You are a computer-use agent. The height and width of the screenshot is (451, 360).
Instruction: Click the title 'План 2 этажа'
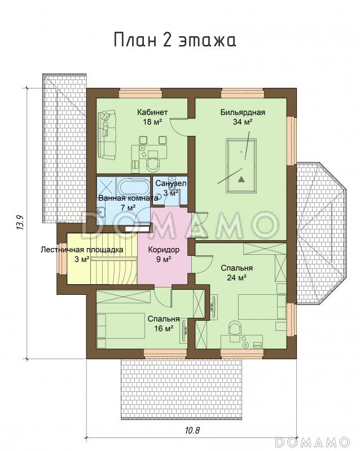tap(175, 40)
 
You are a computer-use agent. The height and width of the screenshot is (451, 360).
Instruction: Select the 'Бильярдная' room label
tap(243, 112)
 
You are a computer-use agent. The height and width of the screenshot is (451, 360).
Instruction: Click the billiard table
tap(242, 166)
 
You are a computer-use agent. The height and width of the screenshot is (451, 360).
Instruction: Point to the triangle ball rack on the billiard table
tap(241, 179)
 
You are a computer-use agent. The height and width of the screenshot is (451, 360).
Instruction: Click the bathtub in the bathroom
tap(133, 187)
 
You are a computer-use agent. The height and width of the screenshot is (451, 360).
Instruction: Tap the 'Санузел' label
tap(171, 183)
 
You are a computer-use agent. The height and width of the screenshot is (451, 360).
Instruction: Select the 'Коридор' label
tap(164, 250)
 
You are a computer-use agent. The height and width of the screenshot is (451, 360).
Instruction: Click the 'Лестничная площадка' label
tap(82, 250)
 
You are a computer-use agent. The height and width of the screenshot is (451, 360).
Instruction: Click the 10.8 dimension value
tap(192, 430)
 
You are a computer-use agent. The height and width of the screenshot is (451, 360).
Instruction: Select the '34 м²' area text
tap(243, 122)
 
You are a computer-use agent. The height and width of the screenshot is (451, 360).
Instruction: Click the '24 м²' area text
tap(236, 277)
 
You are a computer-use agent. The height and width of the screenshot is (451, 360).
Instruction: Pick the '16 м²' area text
tap(164, 328)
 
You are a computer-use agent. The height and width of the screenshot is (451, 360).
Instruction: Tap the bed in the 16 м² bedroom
tap(121, 326)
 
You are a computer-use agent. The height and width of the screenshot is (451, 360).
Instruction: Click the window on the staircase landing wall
tap(63, 259)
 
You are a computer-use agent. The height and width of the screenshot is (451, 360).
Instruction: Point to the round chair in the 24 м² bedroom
tap(235, 328)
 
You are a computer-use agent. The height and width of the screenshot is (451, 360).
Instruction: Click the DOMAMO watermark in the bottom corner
tap(313, 441)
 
